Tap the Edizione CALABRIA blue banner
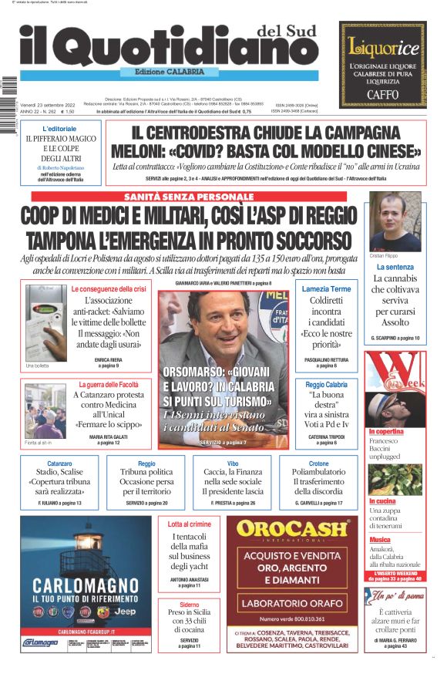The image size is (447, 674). [169, 72]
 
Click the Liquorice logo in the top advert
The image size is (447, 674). [383, 47]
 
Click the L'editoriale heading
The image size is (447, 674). [59, 128]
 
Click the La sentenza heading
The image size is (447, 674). [395, 267]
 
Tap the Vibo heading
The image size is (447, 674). [233, 463]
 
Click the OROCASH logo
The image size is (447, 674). [292, 528]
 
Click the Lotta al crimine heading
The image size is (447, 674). [189, 524]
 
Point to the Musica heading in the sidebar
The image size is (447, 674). [380, 540]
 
